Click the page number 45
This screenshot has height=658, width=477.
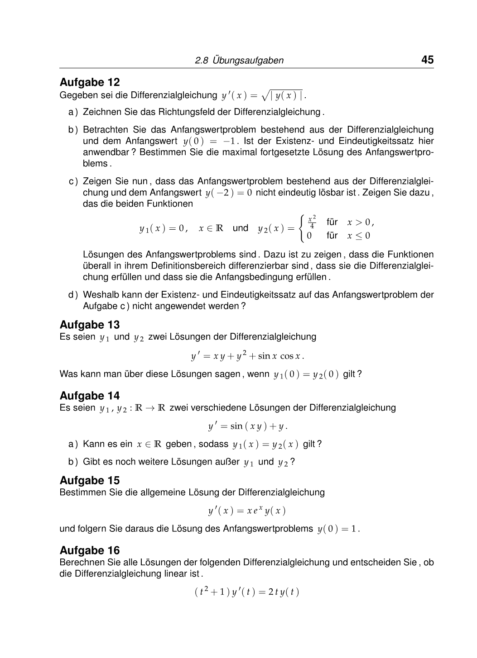tap(427, 60)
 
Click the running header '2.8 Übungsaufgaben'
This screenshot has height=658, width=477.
tap(239, 61)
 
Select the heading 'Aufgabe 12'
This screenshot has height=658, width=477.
tap(90, 82)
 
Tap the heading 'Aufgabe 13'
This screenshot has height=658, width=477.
tap(90, 325)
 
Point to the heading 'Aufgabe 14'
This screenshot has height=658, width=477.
tap(90, 396)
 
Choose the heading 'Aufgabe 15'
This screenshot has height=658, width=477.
tap(90, 480)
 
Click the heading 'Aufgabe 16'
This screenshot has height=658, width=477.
tap(90, 550)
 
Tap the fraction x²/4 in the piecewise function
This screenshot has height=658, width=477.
tap(312, 222)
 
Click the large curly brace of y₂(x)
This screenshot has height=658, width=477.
tap(301, 228)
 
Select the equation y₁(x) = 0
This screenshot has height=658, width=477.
tap(163, 229)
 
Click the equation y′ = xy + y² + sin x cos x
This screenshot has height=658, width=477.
tap(247, 356)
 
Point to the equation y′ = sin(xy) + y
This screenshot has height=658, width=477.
tap(247, 426)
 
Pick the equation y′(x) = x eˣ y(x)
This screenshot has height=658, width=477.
tap(247, 511)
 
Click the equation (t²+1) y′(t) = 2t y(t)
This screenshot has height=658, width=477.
tap(247, 592)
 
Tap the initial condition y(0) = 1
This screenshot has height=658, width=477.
tap(338, 529)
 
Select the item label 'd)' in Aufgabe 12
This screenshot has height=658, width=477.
tap(73, 295)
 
